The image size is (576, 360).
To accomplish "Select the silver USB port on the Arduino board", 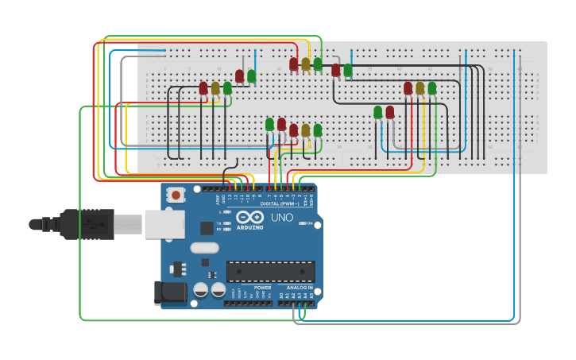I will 164,224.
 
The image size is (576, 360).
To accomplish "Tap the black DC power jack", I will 172,292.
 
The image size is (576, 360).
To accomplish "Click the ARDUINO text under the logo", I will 249,227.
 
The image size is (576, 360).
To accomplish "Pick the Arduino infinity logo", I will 249,217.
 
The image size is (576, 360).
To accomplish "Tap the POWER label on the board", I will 262,288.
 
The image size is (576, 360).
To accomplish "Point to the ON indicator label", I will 309,223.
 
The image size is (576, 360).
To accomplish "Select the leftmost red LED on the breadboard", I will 203,88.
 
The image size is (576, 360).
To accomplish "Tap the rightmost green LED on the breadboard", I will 432,87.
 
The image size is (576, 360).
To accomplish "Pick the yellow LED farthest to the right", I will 420,88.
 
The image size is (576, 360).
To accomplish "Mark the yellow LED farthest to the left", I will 215,88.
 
